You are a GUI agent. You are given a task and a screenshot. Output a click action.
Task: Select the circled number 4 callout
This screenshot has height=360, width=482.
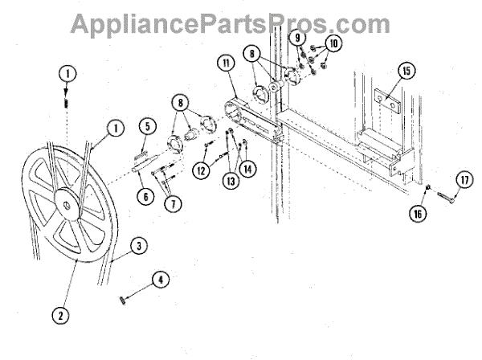[160, 280]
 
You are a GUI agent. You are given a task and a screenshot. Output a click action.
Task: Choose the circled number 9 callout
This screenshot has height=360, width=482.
[297, 38]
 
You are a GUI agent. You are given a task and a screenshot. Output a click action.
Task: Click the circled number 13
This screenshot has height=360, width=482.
[232, 181]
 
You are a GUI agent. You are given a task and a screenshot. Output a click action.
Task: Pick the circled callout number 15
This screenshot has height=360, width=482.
[406, 72]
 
